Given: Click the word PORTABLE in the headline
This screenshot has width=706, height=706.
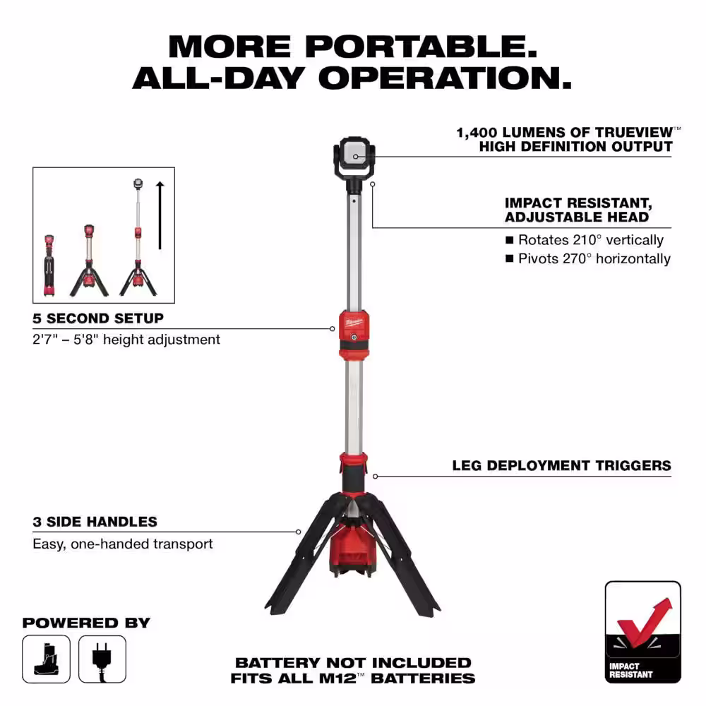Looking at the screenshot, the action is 421,47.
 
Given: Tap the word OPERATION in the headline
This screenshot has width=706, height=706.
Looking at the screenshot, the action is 445,78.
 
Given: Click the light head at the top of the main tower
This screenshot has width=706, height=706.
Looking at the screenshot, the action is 354,157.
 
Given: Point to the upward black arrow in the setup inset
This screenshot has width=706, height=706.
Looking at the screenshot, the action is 160,215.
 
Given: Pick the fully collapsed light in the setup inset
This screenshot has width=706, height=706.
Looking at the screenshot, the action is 49,265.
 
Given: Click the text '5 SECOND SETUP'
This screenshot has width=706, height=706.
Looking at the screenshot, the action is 97,318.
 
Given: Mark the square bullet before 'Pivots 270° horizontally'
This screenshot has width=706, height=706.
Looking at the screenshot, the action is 509,258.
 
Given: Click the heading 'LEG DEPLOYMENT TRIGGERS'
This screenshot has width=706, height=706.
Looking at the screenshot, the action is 561,465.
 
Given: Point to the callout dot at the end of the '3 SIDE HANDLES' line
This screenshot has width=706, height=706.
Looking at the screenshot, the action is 298,532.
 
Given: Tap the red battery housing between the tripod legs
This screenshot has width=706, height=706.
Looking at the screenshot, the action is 352,549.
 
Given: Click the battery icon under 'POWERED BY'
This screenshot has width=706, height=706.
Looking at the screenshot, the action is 46,659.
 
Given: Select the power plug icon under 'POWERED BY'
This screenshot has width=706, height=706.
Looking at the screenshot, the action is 102,659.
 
